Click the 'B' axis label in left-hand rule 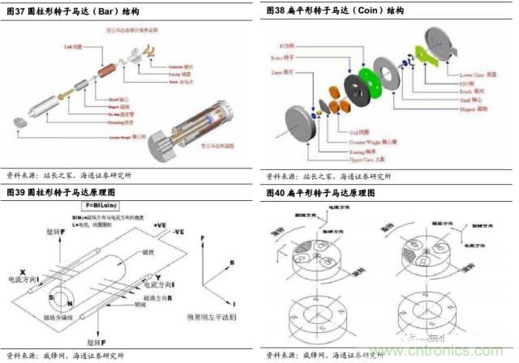tap(231, 263)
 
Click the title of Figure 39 tap(57, 194)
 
